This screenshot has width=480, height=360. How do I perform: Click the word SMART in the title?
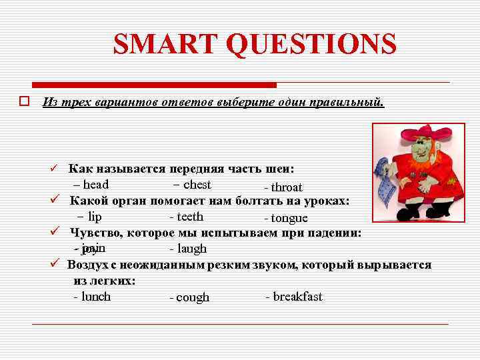point(166,45)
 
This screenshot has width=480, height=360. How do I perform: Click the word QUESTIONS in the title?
point(311,45)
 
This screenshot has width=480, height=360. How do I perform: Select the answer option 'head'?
point(95,185)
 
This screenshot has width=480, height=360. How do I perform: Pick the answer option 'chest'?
point(197,185)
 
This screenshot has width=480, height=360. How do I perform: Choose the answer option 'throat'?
point(286,187)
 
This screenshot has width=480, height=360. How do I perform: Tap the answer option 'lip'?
point(95,216)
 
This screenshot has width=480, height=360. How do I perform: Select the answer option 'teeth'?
point(190,216)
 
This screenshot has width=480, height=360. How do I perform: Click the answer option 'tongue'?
point(289,219)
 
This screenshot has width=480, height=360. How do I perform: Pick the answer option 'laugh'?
point(191,249)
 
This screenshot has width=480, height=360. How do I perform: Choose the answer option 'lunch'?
point(95,297)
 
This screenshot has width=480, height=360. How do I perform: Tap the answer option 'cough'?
point(192,298)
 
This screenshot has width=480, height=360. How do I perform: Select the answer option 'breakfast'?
point(297,297)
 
